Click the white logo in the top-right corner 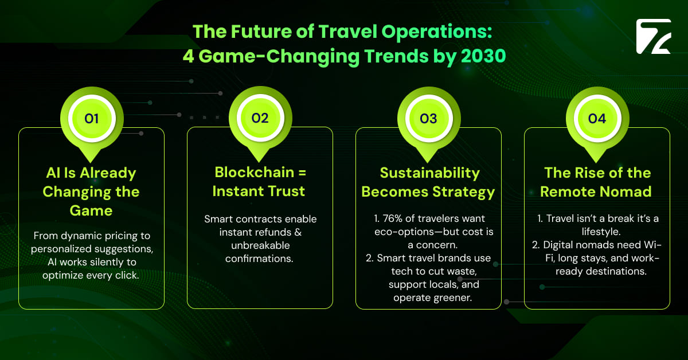tap(653, 37)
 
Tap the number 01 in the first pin tap(92, 119)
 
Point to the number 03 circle tap(428, 119)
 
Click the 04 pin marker tap(597, 119)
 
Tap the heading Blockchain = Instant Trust tap(260, 182)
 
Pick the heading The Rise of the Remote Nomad tap(597, 182)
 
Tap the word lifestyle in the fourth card tap(596, 232)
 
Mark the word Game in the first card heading tap(92, 210)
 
